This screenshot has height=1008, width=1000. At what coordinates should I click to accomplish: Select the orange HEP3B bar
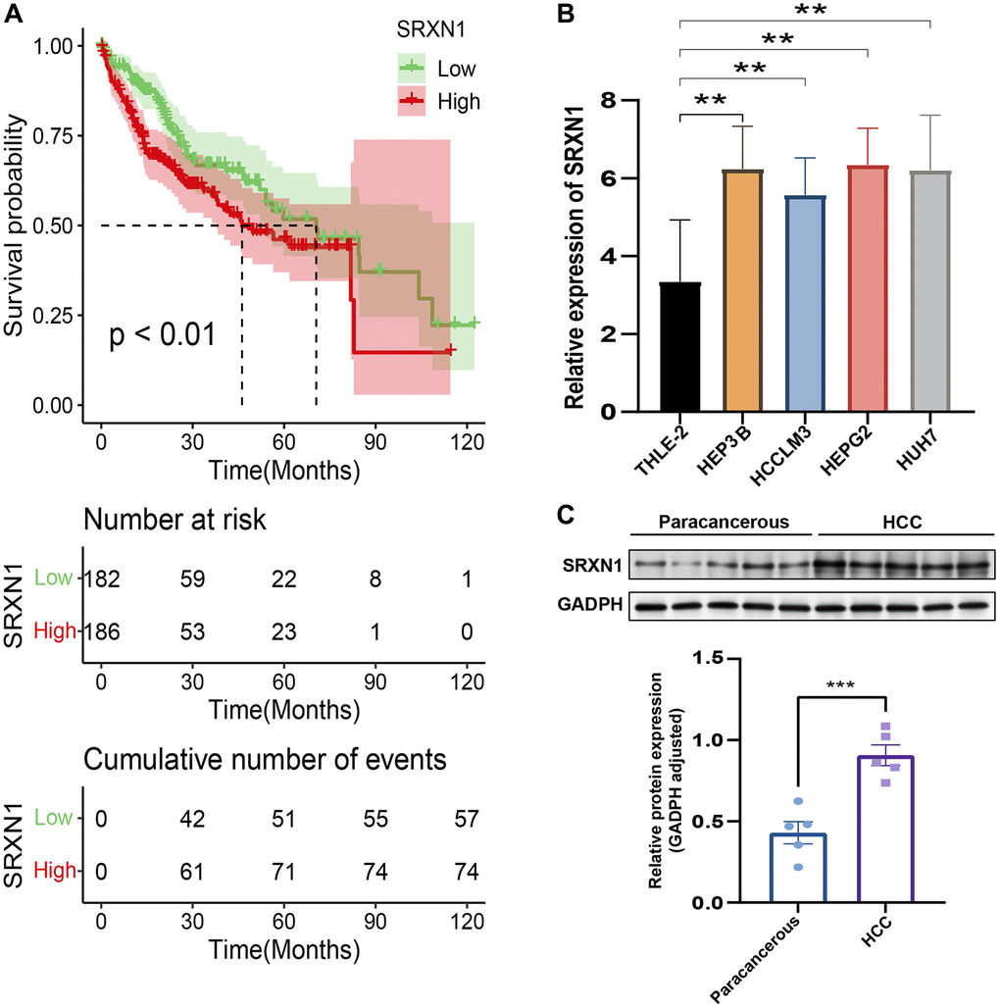(x=742, y=291)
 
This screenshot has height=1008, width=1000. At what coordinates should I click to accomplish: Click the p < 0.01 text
(x=161, y=334)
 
